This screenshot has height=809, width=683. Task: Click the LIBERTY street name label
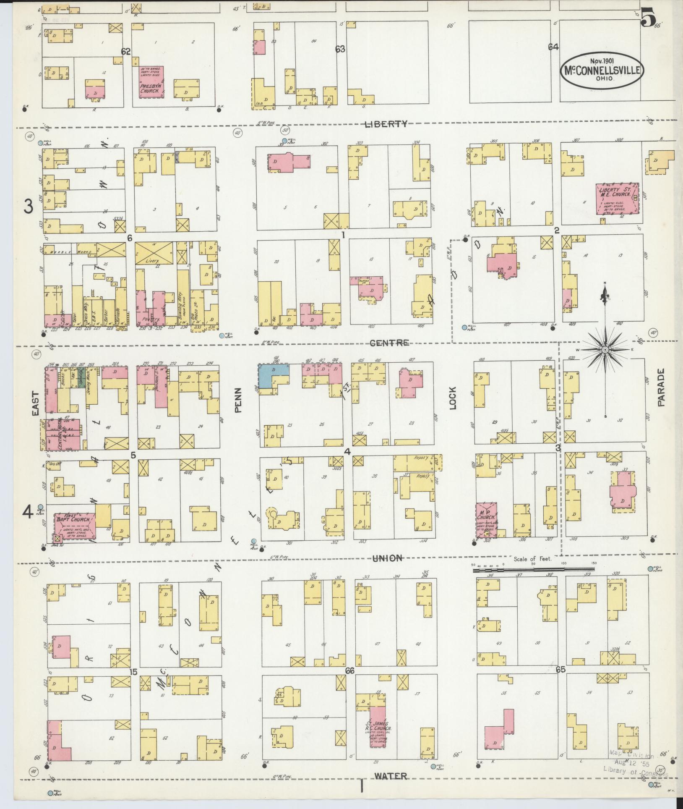[x=386, y=123]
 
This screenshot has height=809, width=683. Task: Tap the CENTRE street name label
[x=389, y=343]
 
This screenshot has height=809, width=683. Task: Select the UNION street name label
[x=387, y=558]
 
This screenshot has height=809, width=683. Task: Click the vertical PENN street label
[x=239, y=403]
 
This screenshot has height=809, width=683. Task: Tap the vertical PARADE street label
[x=662, y=387]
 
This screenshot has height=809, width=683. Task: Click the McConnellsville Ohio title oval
[x=601, y=71]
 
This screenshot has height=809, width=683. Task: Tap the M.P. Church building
[x=487, y=520]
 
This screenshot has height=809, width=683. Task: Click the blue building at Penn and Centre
[x=273, y=374]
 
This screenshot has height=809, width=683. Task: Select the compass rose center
[x=605, y=349]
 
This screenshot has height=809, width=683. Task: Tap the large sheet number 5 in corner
[x=648, y=18]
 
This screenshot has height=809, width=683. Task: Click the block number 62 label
[x=126, y=51]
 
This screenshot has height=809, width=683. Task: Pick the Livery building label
[x=153, y=260]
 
